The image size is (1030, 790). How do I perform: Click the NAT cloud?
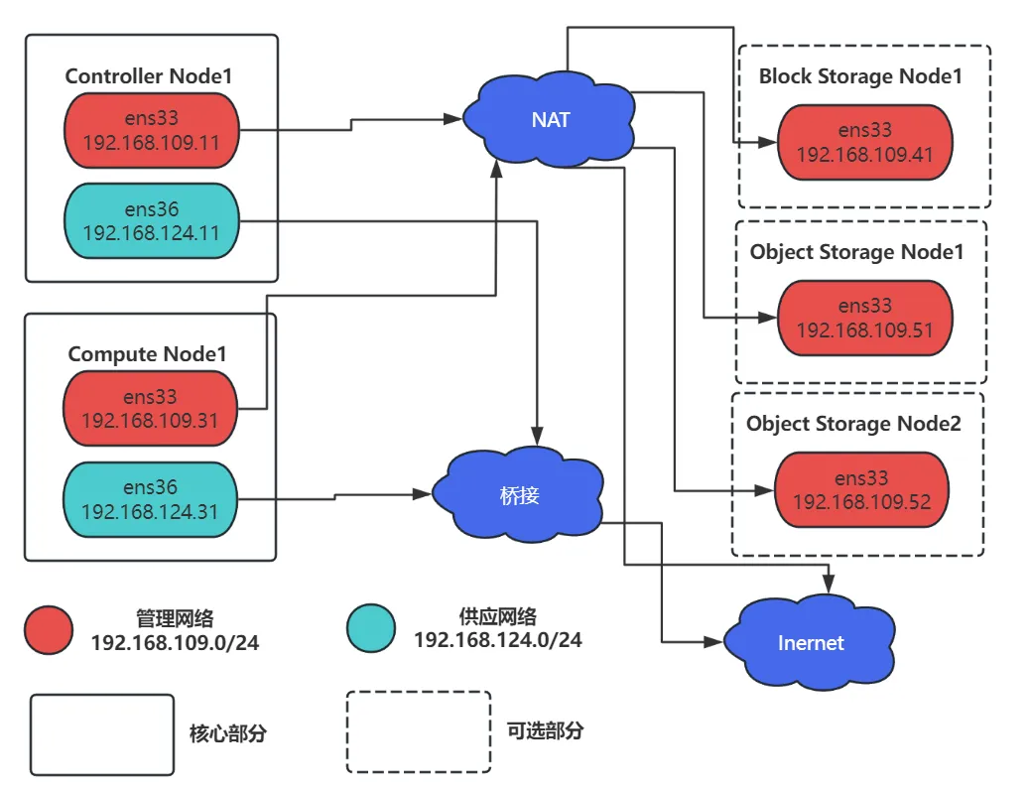pos(551,120)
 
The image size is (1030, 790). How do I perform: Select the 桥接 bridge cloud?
pos(520,494)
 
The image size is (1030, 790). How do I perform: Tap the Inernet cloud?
pos(811,642)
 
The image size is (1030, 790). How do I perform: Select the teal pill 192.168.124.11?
pos(152,221)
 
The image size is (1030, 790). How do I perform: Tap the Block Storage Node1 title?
pos(860,75)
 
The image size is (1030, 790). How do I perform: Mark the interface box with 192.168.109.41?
pos(864,142)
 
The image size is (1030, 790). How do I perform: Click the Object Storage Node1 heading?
pos(856,252)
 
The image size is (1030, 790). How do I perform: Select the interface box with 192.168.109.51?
pos(864,318)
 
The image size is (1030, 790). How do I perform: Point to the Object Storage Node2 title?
pos(853,424)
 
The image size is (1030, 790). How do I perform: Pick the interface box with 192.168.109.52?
pos(862,489)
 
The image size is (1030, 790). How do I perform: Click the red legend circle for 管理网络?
pos(50,630)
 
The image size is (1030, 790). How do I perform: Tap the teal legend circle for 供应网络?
pos(371,630)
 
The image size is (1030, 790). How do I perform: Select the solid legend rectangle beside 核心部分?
pos(102,733)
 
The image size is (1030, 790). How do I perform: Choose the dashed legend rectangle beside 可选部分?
pos(418,732)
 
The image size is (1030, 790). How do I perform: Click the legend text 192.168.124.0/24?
pos(497,640)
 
